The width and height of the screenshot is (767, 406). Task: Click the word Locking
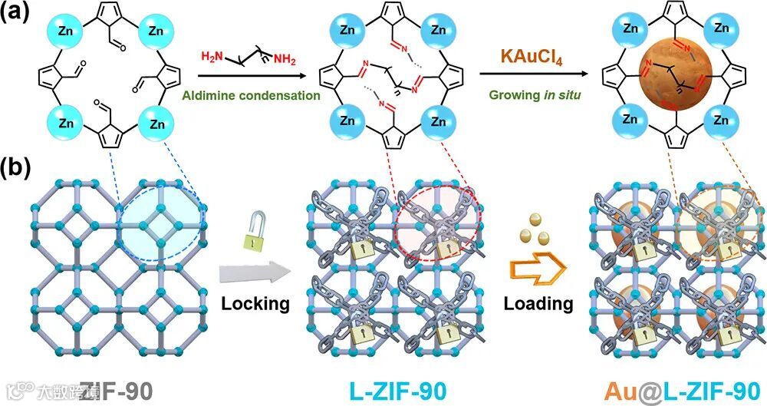click(255, 303)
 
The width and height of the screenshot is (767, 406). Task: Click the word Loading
click(538, 303)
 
